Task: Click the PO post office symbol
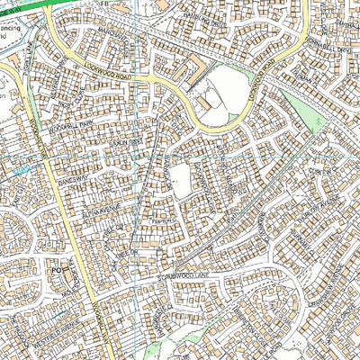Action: point(54,268)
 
